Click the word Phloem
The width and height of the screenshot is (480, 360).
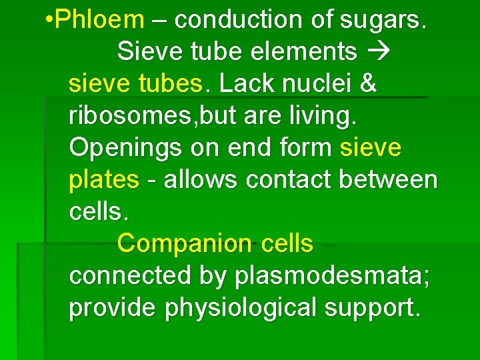click(x=100, y=20)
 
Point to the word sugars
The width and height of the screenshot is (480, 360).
click(x=383, y=20)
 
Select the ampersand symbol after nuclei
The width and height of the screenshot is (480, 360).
click(x=368, y=83)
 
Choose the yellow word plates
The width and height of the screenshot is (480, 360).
click(x=104, y=179)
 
